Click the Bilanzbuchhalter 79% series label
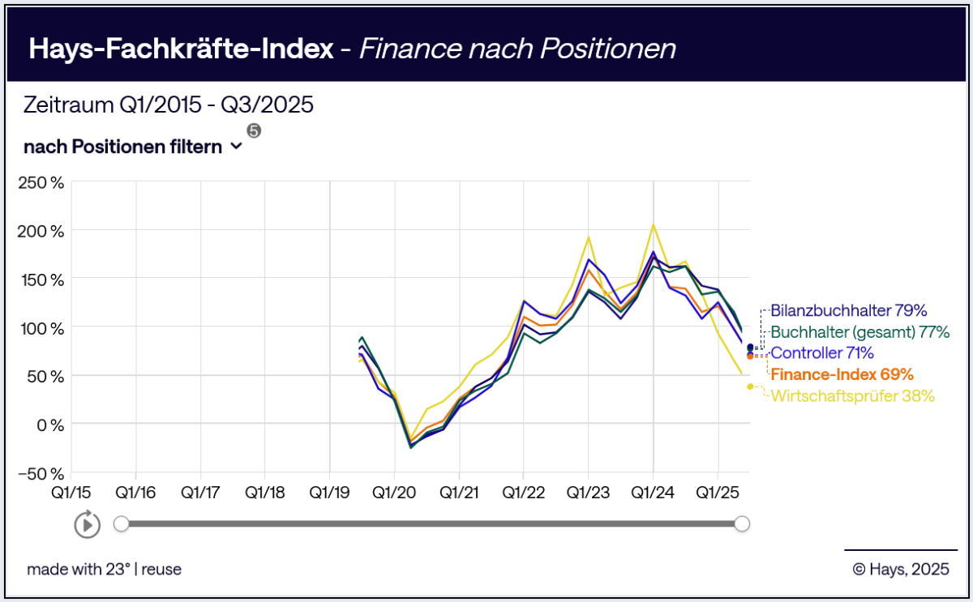848,310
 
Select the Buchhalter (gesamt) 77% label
859,331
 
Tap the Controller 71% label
822,352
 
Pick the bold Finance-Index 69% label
842,374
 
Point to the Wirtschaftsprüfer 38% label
852,396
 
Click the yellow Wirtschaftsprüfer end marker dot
750,386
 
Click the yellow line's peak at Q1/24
653,224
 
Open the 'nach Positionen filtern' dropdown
133,147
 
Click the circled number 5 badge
254,131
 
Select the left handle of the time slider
121,524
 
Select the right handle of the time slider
741,524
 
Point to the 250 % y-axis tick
41,182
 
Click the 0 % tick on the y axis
46,424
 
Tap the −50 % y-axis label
41,472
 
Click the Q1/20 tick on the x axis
394,492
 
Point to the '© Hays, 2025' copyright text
900,569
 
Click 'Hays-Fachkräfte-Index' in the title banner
181,49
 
